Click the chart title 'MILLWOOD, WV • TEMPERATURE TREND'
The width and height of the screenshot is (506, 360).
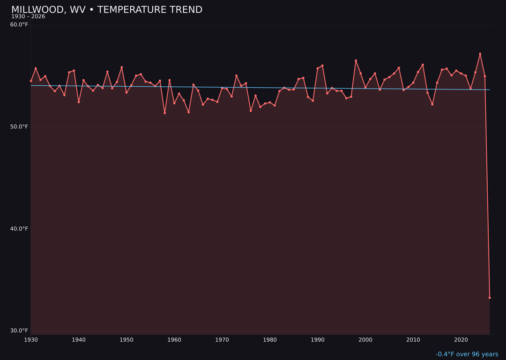pos(107,10)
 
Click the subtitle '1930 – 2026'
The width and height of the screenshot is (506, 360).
pos(28,17)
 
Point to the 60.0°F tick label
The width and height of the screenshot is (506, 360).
pos(19,25)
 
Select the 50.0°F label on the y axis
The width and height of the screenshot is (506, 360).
pos(19,127)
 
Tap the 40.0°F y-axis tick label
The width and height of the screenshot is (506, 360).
pos(19,229)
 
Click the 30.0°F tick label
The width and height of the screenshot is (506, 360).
pos(19,330)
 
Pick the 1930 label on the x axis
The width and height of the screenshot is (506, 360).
pos(31,340)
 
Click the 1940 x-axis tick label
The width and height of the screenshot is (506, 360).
pos(79,340)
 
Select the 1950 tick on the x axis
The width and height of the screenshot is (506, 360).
pos(126,340)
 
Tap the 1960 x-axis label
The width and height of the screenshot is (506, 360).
pos(174,340)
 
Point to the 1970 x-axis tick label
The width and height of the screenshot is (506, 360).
pos(222,340)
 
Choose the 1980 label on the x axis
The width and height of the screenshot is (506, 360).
pos(270,340)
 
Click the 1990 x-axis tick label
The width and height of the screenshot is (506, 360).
pos(318,340)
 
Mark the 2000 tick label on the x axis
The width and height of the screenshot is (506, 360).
pos(365,340)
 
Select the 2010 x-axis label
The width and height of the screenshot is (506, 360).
pos(413,340)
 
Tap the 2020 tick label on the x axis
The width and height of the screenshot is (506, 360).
pos(461,340)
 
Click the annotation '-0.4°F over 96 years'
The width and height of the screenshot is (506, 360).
pos(467,354)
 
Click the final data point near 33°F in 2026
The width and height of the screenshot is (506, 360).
pos(490,298)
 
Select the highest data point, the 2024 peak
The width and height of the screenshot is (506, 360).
pos(480,54)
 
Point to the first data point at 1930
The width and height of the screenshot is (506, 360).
pos(31,81)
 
